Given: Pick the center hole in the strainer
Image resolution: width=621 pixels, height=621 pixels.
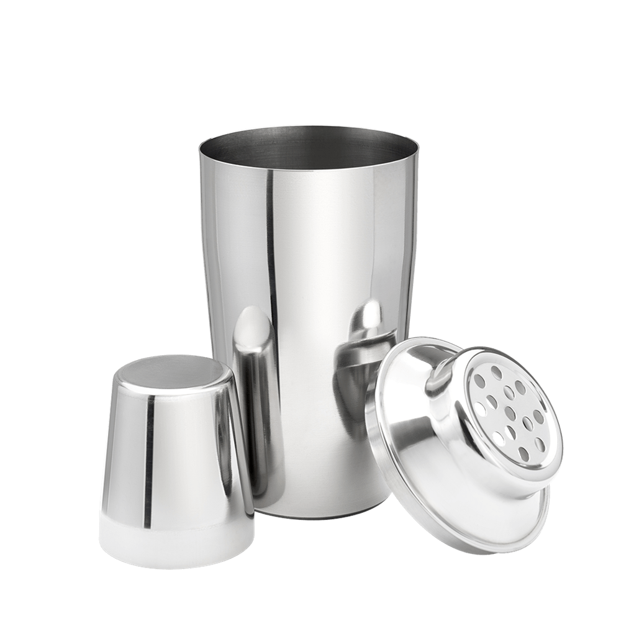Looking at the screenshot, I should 509,410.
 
